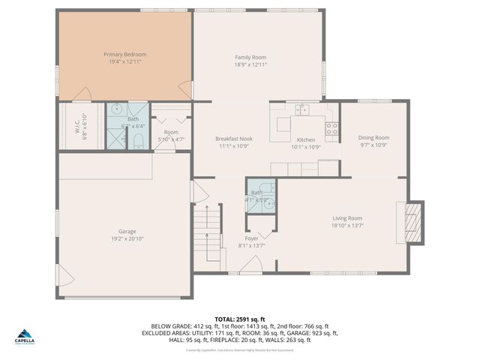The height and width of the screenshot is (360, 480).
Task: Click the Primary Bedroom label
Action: [x=124, y=55]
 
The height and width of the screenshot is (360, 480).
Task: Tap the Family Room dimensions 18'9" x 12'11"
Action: [x=250, y=65]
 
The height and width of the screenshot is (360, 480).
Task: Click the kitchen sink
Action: [x=301, y=110]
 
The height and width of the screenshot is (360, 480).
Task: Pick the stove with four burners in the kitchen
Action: [x=333, y=128]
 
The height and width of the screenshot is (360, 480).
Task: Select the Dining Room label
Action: [x=373, y=138]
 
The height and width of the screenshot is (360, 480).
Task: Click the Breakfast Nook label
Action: [x=233, y=139]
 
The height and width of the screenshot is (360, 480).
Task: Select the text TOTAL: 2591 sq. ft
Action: [x=239, y=319]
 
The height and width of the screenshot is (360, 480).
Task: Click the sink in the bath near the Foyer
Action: [x=271, y=199]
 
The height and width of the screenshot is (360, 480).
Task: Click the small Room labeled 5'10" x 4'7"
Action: [x=171, y=136]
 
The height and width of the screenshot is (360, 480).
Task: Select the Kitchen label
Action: [x=305, y=140]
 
